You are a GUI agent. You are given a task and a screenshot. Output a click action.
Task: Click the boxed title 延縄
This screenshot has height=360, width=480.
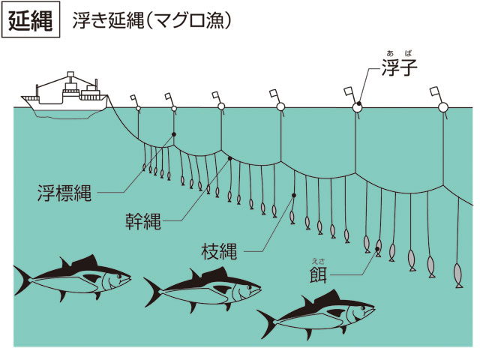[31, 20]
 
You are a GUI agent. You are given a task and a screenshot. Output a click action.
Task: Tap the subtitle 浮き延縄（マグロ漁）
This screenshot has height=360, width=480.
[151, 21]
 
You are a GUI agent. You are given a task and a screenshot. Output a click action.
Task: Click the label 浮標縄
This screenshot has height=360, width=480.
[64, 193]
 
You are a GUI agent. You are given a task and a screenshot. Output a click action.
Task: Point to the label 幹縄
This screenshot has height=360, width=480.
[143, 221]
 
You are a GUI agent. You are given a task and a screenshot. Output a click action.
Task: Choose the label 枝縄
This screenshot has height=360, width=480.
[219, 252]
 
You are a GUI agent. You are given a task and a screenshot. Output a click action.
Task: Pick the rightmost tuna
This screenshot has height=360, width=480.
[316, 314]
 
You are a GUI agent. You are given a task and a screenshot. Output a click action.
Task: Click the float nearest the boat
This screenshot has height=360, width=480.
[138, 108]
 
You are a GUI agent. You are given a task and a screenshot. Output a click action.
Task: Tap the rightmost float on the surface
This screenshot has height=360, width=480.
[443, 107]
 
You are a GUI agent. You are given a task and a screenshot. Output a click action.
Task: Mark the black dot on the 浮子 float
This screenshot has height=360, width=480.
[358, 103]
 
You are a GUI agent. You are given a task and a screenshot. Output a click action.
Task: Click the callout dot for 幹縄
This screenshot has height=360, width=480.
[230, 158]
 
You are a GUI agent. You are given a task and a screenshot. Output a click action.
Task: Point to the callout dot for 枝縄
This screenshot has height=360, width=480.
[294, 195]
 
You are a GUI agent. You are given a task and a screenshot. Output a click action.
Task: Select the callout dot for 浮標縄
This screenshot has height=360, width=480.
[174, 134]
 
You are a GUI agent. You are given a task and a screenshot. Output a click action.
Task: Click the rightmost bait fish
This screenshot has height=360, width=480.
[458, 275]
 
